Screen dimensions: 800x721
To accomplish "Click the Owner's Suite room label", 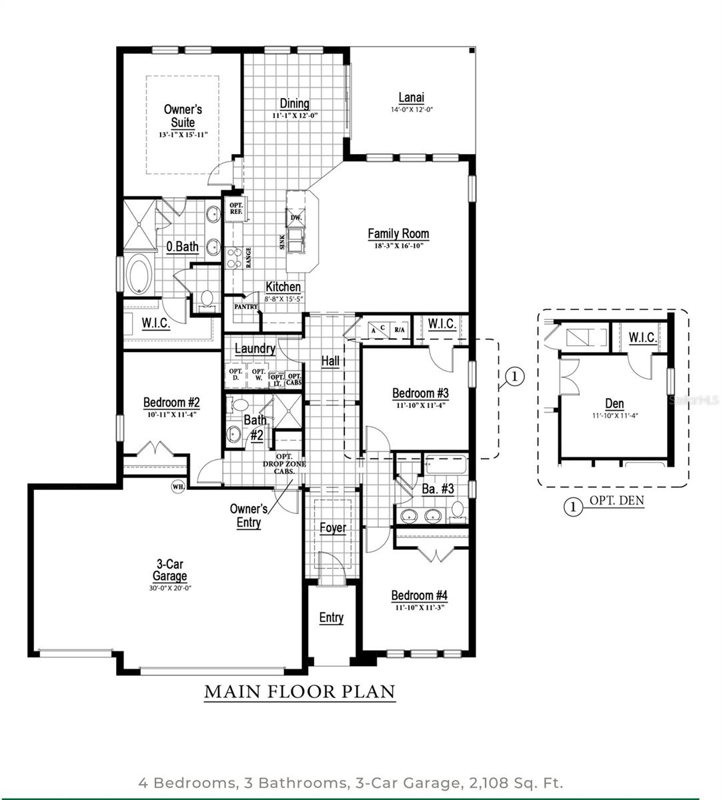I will coord(183,116).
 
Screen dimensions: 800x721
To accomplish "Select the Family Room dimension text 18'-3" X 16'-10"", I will coord(398,246).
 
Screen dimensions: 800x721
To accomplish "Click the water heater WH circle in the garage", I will coord(178,486).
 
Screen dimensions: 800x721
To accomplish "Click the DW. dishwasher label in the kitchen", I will coord(296,218).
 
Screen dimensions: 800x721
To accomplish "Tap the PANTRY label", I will coord(245,307).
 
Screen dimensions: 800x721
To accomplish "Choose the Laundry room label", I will coord(255,349).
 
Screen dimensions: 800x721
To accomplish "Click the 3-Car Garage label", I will coord(169,571).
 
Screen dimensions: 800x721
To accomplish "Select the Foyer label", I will coord(332,528).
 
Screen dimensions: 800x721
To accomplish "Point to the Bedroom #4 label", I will coord(419,595).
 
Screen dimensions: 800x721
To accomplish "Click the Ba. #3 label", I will coord(438,489).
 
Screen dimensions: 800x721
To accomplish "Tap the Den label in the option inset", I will coord(614,403).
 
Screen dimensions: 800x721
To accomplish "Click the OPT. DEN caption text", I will coord(616,501).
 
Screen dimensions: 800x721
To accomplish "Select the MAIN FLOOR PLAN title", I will coord(299,692).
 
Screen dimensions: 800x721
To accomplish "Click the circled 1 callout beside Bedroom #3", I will coord(514,377).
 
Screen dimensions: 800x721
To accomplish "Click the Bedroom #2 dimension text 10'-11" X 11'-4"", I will coord(171,415).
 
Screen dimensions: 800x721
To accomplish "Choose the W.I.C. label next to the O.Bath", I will coord(155,323).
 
